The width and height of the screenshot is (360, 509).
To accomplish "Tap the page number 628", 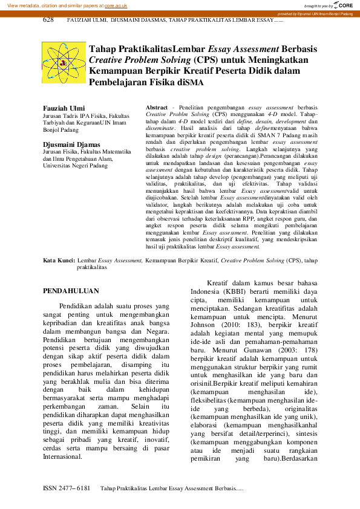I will [x=48, y=20].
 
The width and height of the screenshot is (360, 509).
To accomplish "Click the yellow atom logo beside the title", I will [x=63, y=63].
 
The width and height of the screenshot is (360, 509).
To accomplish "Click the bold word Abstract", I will [x=157, y=106].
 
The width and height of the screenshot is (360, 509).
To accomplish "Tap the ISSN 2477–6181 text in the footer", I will [x=66, y=487].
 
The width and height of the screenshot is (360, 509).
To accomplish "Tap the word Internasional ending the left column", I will [x=71, y=456].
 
